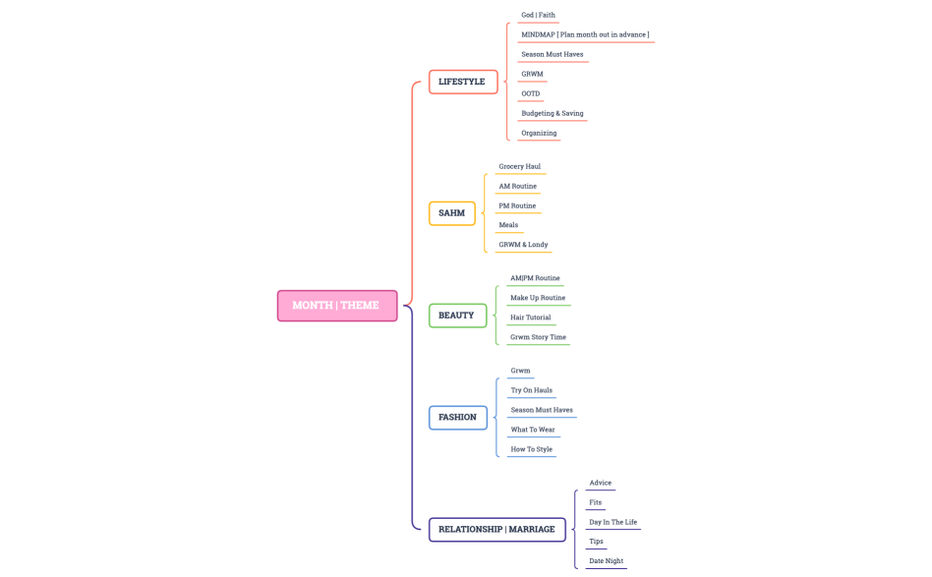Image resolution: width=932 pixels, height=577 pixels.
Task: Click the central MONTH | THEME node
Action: pos(336,306)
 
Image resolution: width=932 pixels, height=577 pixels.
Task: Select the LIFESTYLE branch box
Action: pos(462,82)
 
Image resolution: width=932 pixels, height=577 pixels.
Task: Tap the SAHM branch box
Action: pos(451,213)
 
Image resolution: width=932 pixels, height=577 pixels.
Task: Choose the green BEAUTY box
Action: pos(456,316)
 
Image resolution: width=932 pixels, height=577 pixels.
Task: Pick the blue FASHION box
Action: pos(457,418)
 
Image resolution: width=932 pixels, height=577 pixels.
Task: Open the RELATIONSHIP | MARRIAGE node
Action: pos(496,530)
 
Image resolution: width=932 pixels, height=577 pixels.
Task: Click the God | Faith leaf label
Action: pos(538,16)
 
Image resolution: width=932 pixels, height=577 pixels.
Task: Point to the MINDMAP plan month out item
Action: pos(585,35)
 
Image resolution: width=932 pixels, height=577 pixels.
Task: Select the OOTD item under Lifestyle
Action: pos(530,94)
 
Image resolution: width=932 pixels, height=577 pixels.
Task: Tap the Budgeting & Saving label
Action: pos(552,114)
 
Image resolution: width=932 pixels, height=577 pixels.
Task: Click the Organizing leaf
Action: pos(539,134)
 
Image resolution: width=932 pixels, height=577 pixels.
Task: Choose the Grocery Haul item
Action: pos(519,167)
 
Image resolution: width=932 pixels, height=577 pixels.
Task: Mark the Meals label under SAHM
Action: pos(508,225)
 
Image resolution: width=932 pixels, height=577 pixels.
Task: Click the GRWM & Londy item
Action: pos(523,245)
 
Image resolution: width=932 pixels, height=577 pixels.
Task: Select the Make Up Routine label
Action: pos(538,298)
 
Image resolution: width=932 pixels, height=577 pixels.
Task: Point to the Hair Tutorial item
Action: pos(530,317)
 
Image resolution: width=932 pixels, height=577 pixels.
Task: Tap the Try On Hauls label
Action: pos(531,390)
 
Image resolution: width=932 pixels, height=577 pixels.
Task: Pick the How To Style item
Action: pos(531,449)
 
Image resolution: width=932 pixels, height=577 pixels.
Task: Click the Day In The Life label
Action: pos(612,522)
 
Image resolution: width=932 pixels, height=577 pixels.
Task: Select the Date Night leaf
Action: pos(606,561)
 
